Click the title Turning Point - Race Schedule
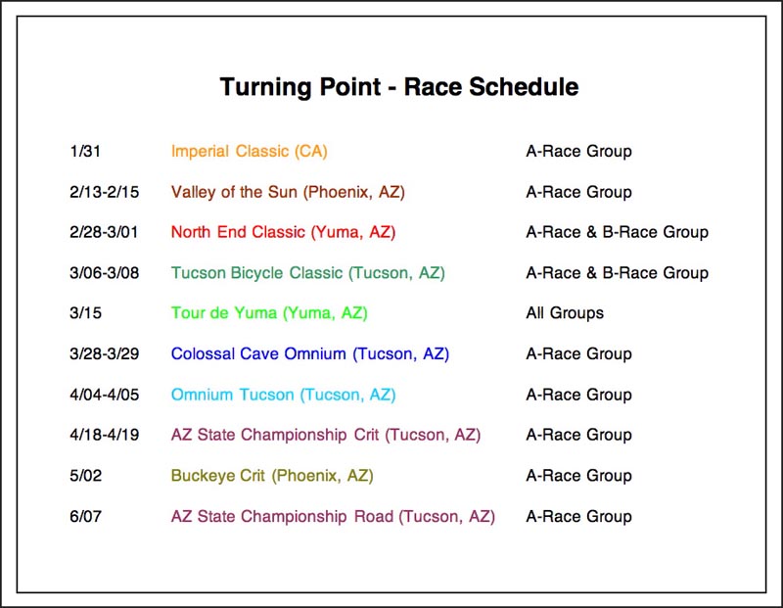399,87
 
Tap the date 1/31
85,151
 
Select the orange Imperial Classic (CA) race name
250,151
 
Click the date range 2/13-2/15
105,192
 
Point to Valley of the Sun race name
288,192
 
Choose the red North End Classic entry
283,232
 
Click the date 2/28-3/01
104,232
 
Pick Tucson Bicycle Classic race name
307,273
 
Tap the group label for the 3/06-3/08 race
618,273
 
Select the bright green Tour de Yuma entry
269,313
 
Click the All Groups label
565,313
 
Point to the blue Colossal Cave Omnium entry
309,354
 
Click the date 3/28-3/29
105,353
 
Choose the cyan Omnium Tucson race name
283,395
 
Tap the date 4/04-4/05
105,395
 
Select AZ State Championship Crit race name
326,435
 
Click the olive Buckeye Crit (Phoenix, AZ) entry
272,476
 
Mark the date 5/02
86,475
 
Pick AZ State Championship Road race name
333,517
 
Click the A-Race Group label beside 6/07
578,516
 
